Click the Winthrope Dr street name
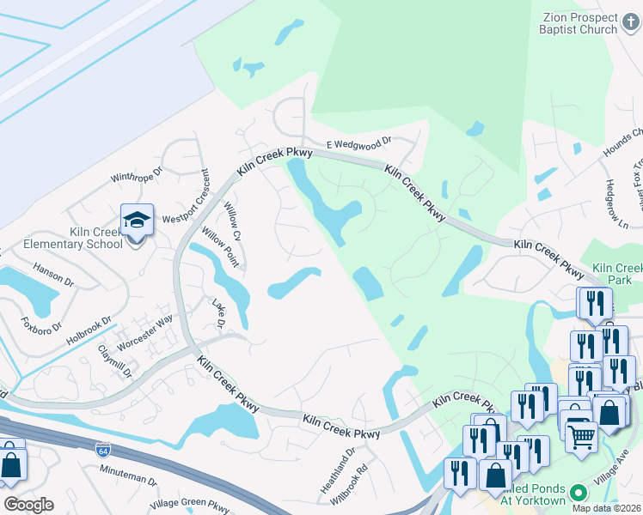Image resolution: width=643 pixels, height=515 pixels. tap(136, 174)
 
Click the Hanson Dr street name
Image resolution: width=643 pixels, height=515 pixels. tap(53, 276)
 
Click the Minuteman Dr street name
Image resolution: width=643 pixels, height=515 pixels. tap(129, 476)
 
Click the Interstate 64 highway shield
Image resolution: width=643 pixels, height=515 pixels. tap(103, 449)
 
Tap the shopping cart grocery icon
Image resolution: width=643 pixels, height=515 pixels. tap(581, 436)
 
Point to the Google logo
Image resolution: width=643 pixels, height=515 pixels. tap(28, 505)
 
